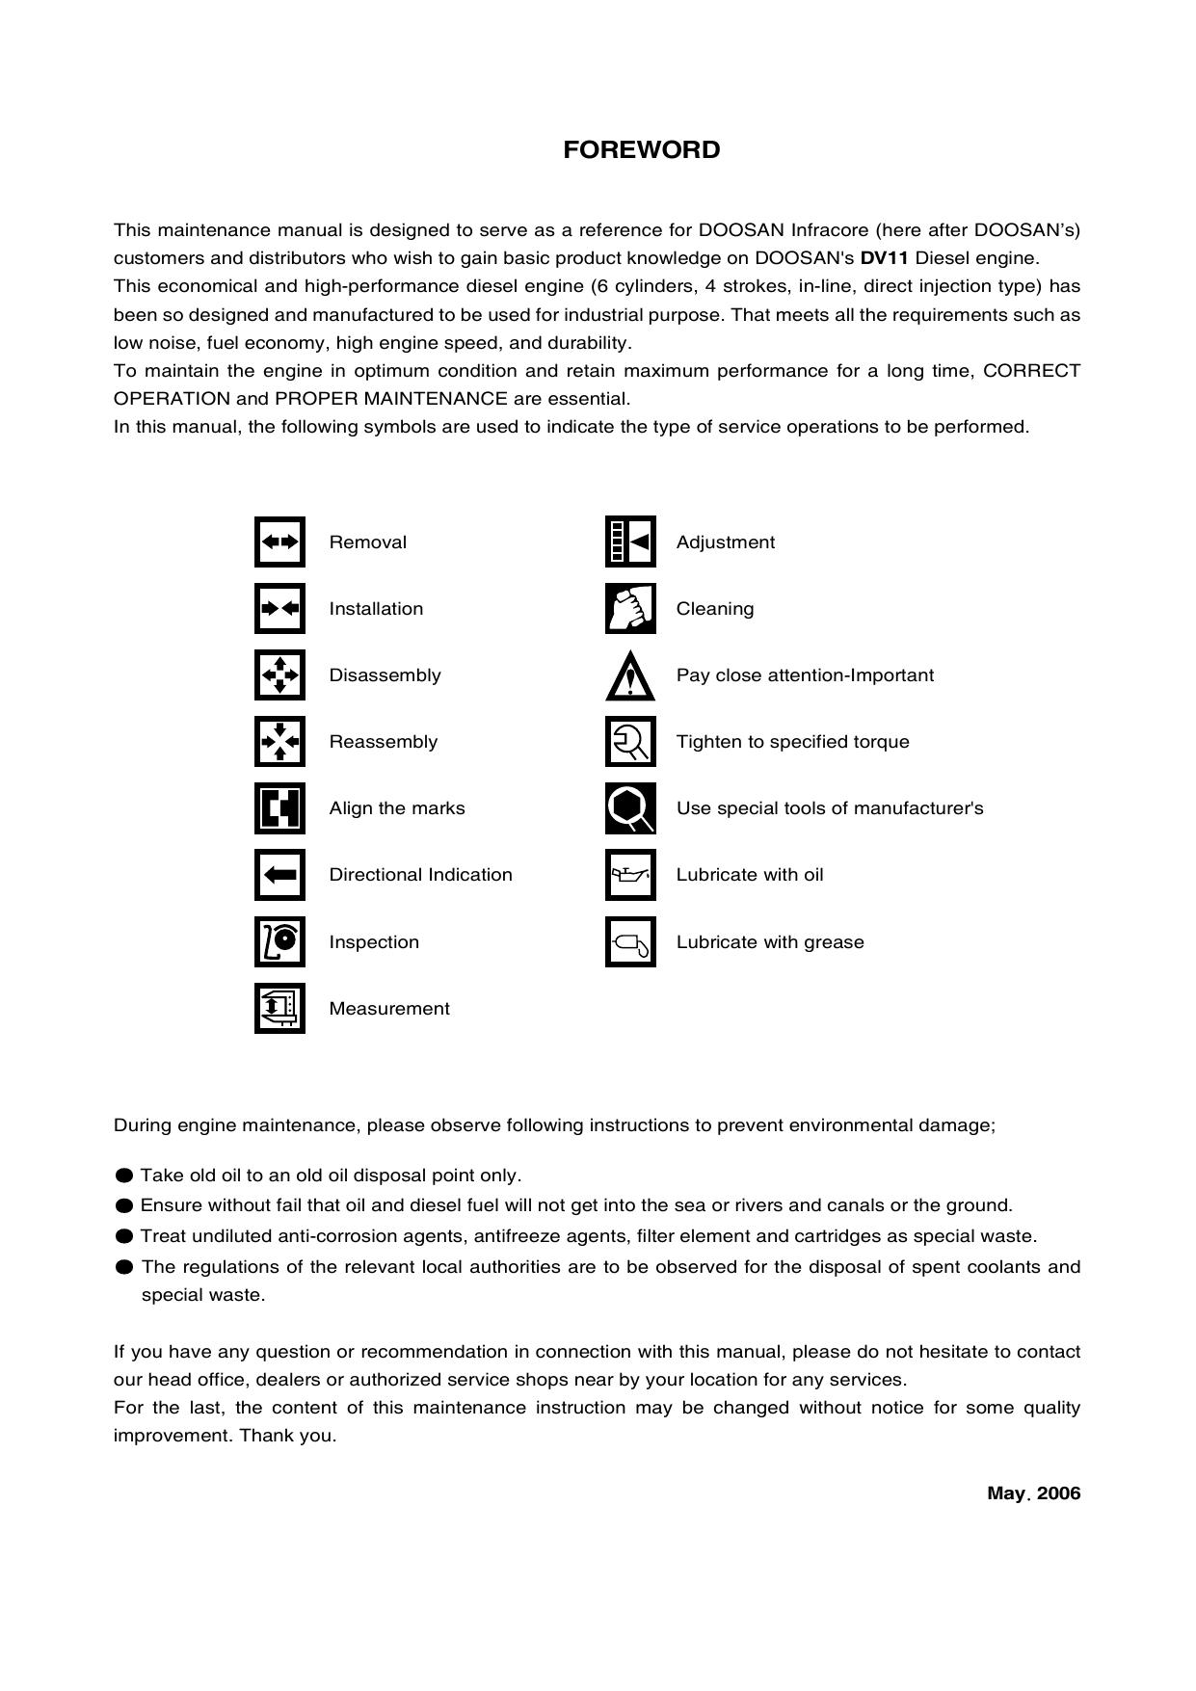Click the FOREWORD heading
tap(641, 150)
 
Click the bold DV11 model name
tap(884, 258)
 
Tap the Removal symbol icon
tap(279, 542)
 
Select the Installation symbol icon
tap(279, 608)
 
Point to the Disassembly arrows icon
tap(279, 674)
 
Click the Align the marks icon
tap(279, 807)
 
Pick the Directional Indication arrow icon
tap(279, 874)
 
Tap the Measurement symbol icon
tap(279, 1008)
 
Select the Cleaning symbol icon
tap(630, 608)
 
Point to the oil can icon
tap(630, 874)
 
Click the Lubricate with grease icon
tap(630, 941)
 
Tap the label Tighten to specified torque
tap(792, 742)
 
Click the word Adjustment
tap(725, 542)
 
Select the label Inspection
tap(374, 942)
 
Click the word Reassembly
tap(383, 742)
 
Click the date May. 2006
tap(1033, 1493)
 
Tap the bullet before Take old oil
tap(123, 1176)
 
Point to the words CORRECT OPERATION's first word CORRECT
tap(1031, 371)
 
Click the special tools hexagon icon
tap(630, 807)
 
